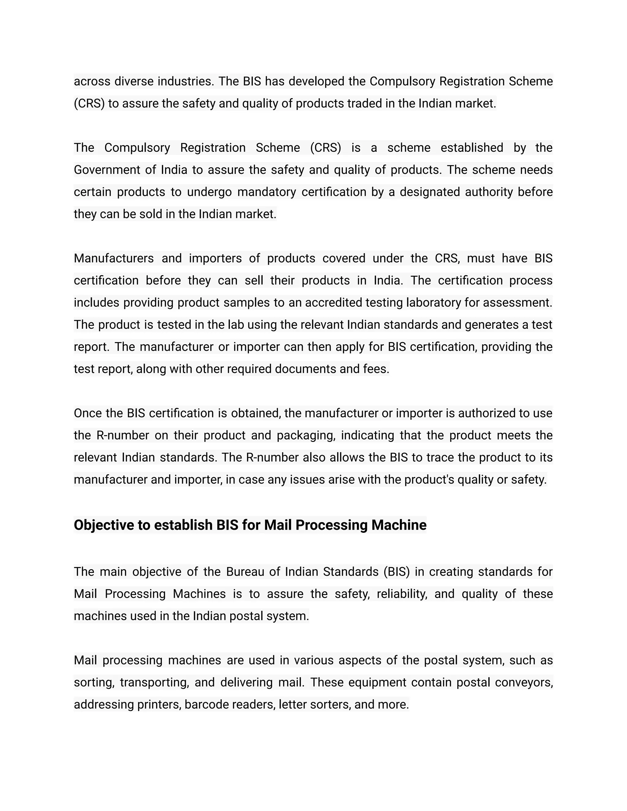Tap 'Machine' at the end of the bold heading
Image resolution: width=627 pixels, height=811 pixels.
(399, 525)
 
